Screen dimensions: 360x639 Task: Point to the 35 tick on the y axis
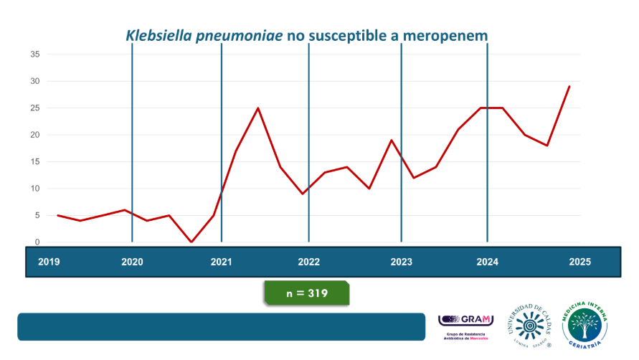pyautogui.click(x=34, y=55)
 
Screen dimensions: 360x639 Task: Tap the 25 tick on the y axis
pyautogui.click(x=34, y=108)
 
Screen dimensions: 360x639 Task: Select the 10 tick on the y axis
pyautogui.click(x=34, y=189)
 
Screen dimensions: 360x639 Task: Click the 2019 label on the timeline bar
pyautogui.click(x=49, y=262)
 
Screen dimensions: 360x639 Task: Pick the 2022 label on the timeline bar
pyautogui.click(x=309, y=262)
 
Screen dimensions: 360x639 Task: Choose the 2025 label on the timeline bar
pyautogui.click(x=579, y=262)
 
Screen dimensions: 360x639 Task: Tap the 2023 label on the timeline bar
pyautogui.click(x=401, y=262)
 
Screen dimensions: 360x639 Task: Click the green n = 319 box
pyautogui.click(x=306, y=293)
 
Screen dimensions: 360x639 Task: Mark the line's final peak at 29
pyautogui.click(x=569, y=87)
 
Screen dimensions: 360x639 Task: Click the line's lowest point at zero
pyautogui.click(x=191, y=242)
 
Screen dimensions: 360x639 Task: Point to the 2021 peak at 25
pyautogui.click(x=257, y=108)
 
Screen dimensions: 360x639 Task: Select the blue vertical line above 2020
pyautogui.click(x=132, y=143)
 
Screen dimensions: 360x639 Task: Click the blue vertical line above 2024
pyautogui.click(x=488, y=143)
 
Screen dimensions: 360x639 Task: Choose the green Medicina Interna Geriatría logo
pyautogui.click(x=584, y=325)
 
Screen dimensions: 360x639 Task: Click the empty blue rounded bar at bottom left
pyautogui.click(x=222, y=326)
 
